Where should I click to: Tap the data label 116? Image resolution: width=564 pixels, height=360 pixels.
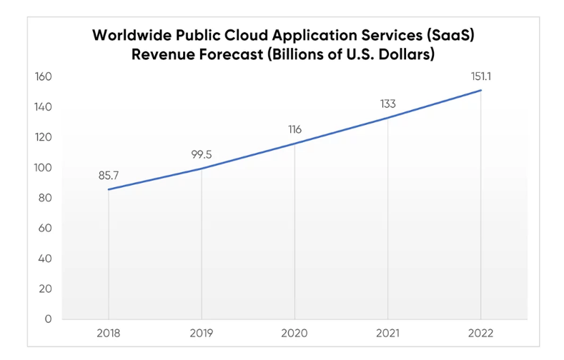295,129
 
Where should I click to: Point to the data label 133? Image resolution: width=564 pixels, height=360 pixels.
387,104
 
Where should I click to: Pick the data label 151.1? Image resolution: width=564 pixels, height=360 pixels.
480,76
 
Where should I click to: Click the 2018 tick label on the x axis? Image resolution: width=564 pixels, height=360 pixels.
109,334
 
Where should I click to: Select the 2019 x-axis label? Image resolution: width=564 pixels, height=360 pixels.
202,334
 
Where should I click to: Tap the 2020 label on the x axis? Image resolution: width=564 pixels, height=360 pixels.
295,334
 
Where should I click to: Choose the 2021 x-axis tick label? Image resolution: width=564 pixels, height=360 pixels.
387,334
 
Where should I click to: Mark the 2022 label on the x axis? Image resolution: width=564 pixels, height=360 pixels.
480,334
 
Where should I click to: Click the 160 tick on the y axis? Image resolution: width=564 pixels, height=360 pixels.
44,76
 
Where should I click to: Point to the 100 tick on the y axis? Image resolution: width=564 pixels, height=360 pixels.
44,168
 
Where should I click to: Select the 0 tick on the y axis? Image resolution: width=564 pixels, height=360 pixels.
49,319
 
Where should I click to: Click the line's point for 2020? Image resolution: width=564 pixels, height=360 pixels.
295,143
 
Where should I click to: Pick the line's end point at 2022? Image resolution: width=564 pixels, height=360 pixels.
480,90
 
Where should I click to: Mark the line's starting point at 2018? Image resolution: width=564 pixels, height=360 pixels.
109,189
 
